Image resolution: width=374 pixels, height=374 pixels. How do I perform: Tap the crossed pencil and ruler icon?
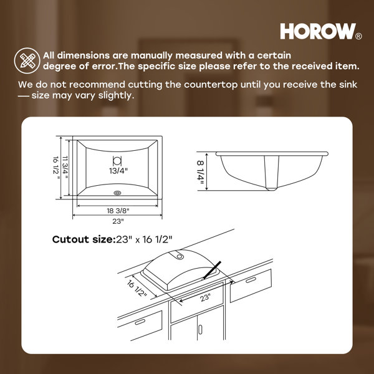[27, 60]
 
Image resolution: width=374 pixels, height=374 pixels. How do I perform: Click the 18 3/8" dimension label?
[118, 211]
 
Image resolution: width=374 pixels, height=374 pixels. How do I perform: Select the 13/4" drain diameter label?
[118, 171]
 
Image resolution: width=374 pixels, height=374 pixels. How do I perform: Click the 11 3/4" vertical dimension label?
[65, 168]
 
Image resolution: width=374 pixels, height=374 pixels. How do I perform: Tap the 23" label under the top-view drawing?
[118, 221]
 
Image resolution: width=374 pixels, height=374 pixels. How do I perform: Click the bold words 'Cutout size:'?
[84, 239]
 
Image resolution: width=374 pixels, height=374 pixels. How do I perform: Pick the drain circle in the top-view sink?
[117, 160]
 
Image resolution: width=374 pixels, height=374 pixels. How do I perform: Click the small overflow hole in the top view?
[117, 193]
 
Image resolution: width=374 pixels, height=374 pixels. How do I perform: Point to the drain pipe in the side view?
[271, 173]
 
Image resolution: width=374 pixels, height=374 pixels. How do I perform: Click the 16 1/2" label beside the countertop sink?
[137, 289]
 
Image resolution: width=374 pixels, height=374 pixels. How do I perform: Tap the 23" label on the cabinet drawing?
[205, 298]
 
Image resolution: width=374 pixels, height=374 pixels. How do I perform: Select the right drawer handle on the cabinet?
[251, 280]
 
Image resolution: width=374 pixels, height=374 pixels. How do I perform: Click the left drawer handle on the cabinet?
[140, 322]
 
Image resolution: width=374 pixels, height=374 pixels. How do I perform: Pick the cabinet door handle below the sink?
[200, 330]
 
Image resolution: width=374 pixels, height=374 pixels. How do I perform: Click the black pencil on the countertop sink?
[211, 270]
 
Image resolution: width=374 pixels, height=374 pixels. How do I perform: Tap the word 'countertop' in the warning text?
[211, 85]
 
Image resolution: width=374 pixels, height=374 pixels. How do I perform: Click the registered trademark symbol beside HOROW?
[358, 36]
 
